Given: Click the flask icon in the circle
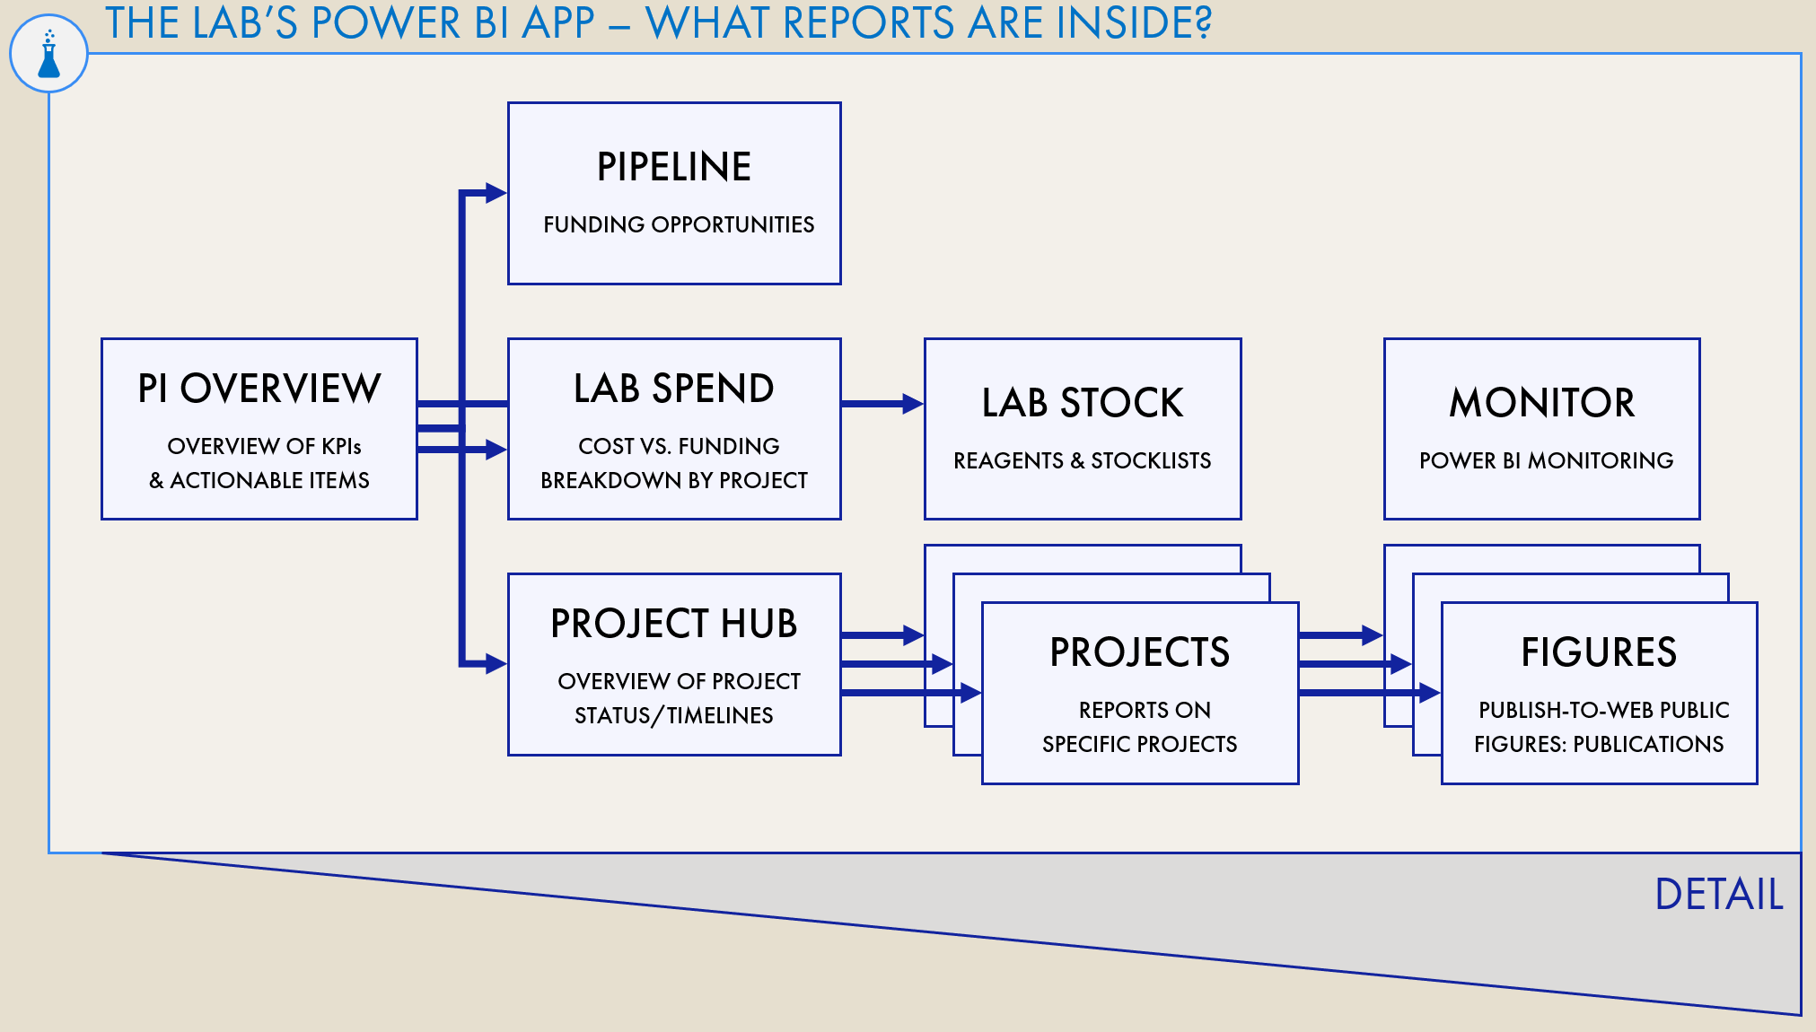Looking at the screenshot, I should tap(48, 55).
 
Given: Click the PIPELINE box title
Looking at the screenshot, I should tap(673, 168).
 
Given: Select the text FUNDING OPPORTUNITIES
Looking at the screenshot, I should tap(678, 224).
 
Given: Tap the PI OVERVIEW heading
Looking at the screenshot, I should tap(259, 389).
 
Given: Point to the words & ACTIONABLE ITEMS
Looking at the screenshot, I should tap(259, 481).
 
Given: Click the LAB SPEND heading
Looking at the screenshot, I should tap(673, 389).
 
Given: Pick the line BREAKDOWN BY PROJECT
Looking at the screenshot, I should tap(673, 481).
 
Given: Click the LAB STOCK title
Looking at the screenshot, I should tap(1082, 403).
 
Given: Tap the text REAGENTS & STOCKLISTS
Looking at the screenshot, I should tap(1082, 461).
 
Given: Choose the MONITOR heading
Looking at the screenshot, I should tap(1541, 403).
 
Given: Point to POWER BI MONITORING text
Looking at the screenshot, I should tap(1545, 461).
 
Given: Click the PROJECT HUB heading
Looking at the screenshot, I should tap(673, 624).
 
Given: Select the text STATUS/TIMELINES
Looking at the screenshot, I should tap(673, 716).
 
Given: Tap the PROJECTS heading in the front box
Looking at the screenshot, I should tap(1139, 652).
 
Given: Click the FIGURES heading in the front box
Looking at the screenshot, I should tap(1598, 652).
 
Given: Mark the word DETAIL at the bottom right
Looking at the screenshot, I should tap(1718, 895).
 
